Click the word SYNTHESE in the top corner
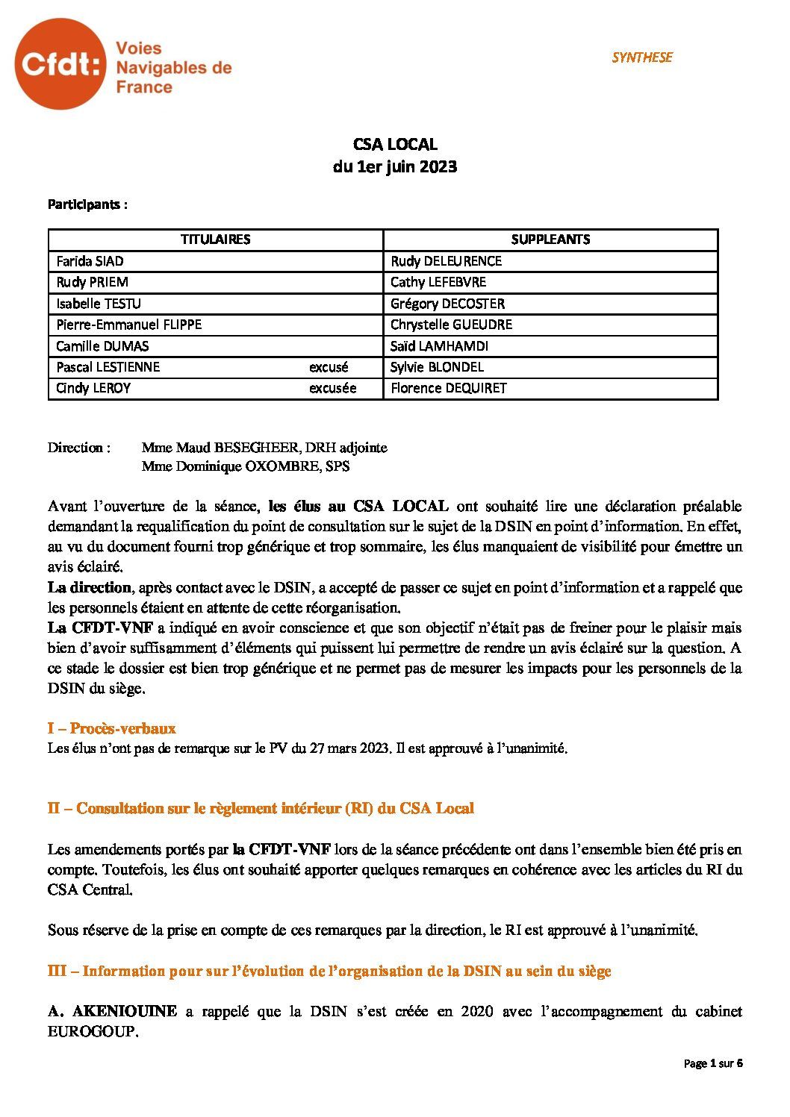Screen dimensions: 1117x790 point(641,57)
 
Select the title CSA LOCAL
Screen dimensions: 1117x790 point(395,145)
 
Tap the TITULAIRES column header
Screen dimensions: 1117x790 point(215,240)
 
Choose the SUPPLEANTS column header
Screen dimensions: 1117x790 point(550,240)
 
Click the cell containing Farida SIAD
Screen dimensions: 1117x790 point(90,261)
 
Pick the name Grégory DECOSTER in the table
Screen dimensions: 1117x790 point(447,304)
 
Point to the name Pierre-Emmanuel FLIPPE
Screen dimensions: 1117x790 point(129,325)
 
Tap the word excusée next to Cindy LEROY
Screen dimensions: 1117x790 point(333,388)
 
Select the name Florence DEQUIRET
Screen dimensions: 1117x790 point(449,388)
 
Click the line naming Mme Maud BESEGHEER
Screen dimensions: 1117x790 point(264,448)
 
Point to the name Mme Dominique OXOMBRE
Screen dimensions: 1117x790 point(246,467)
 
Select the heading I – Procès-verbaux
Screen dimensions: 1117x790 point(112,728)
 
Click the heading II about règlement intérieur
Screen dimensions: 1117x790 point(261,808)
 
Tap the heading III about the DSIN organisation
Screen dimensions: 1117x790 point(329,971)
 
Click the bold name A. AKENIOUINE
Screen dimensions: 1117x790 point(112,1012)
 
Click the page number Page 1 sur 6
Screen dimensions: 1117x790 point(713,1064)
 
